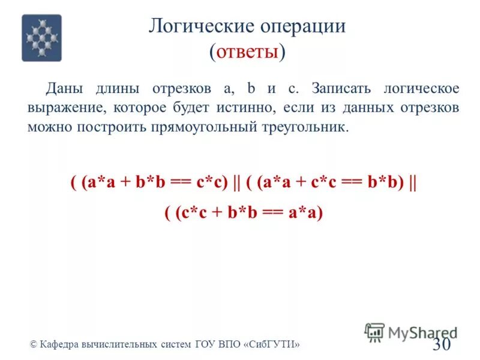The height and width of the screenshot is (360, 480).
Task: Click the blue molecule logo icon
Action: coord(42,38)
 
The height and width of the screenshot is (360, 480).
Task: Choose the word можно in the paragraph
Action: coord(46,128)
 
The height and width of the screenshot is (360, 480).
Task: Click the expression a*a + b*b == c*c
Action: coord(158,184)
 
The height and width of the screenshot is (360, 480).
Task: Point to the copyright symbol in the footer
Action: coord(34,345)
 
